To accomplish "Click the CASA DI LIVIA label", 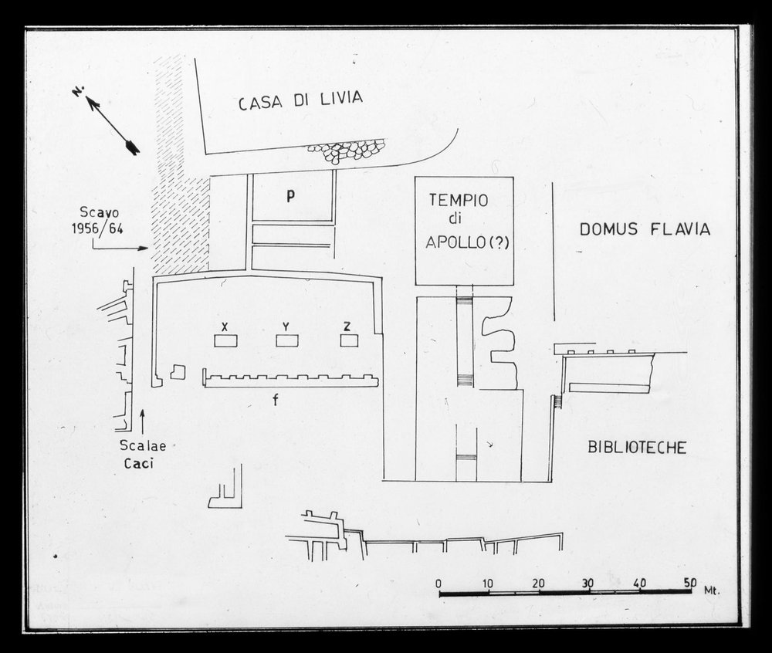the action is click(300, 100).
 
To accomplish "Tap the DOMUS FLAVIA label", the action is click(645, 229).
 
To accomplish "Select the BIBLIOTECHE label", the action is click(637, 448).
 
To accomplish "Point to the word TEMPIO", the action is click(459, 200).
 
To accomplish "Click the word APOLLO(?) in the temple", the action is click(467, 242).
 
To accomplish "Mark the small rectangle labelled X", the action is click(225, 340).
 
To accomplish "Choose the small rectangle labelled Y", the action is click(287, 340).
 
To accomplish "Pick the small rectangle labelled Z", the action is click(349, 340).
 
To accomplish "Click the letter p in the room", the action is click(291, 196).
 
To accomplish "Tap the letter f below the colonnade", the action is click(276, 400).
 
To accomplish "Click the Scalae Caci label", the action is click(143, 454).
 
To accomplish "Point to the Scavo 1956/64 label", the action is click(99, 221).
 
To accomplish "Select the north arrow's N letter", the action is click(78, 92).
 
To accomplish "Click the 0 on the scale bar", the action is click(438, 584).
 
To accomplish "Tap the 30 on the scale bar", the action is click(588, 584).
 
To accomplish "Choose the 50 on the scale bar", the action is click(689, 583).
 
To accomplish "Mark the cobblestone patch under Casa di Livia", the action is click(347, 150).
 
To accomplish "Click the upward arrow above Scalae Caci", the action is click(143, 421).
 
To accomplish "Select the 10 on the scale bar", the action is click(488, 584).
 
